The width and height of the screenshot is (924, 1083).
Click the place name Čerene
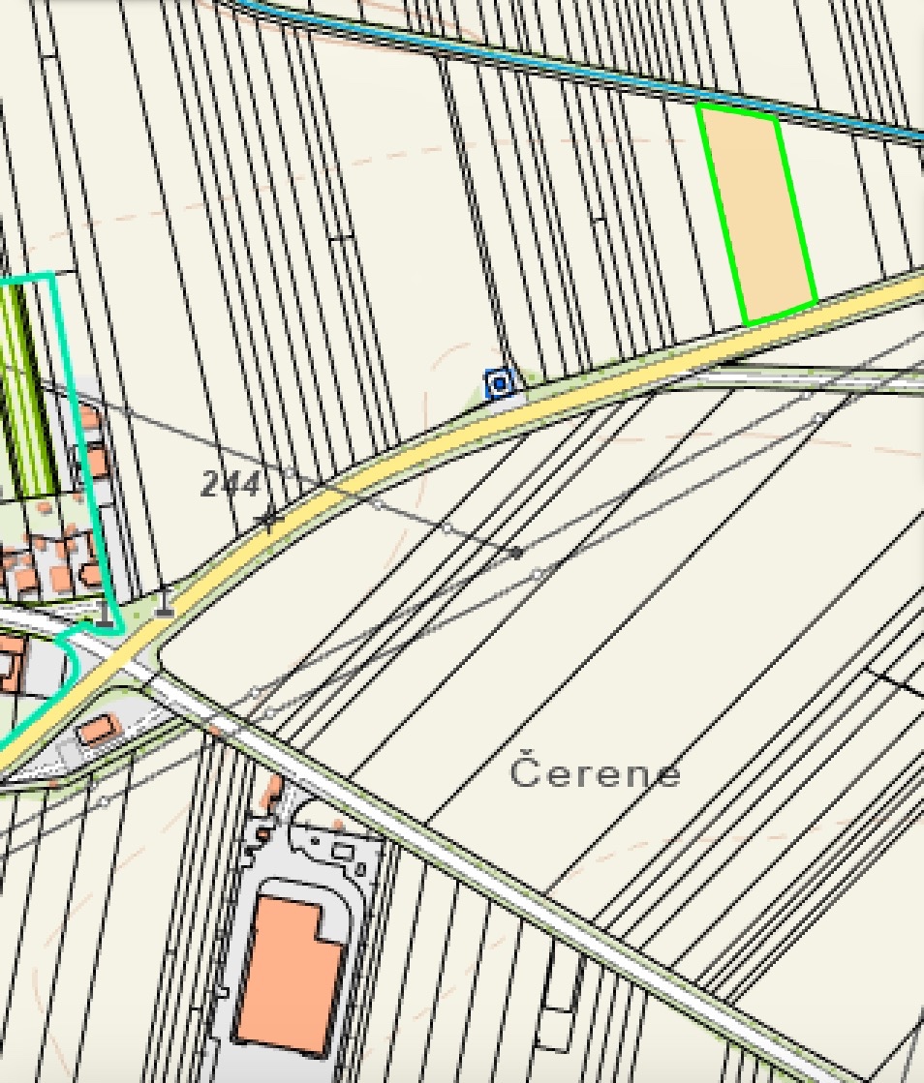click(x=595, y=772)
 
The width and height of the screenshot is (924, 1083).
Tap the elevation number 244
click(x=231, y=483)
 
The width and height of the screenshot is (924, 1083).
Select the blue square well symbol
click(x=500, y=384)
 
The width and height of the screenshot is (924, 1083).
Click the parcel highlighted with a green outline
click(x=756, y=214)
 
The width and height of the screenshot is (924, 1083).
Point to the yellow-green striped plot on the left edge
click(x=25, y=387)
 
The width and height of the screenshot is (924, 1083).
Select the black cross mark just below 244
click(x=269, y=521)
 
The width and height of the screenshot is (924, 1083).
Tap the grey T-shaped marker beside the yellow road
click(x=166, y=607)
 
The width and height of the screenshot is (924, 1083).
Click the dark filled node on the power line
click(x=518, y=553)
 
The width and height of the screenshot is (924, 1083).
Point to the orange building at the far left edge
click(x=10, y=664)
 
